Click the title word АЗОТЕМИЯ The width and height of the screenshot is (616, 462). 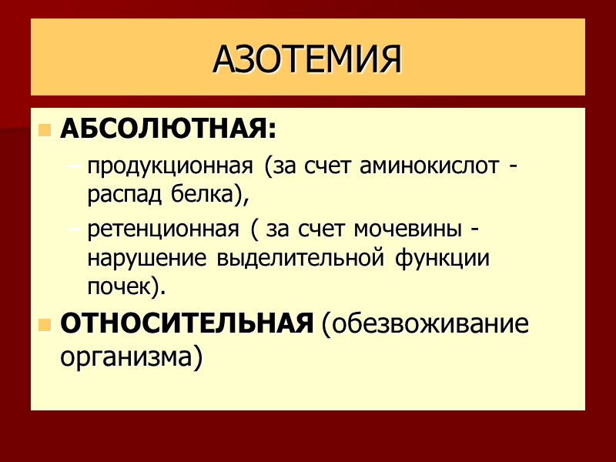[x=307, y=59]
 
